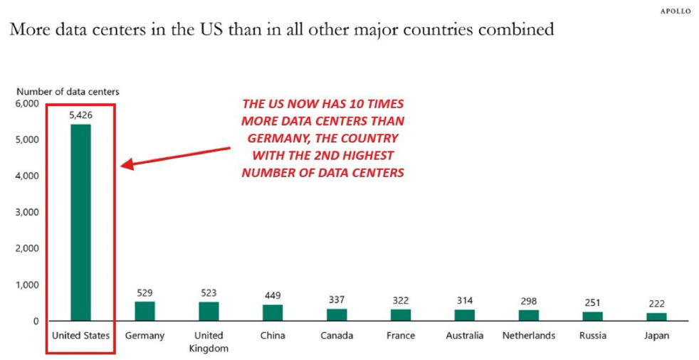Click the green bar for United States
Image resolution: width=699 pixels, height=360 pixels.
[x=80, y=222]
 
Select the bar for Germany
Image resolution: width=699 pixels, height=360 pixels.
[x=144, y=311]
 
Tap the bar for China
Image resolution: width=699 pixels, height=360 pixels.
[x=273, y=312]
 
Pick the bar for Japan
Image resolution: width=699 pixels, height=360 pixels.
[x=656, y=317]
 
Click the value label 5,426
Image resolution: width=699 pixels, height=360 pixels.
[x=80, y=114]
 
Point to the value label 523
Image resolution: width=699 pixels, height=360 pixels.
[x=209, y=292]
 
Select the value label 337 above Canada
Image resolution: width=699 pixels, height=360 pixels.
[x=337, y=300]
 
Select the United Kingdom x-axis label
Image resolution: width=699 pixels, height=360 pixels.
[x=209, y=342]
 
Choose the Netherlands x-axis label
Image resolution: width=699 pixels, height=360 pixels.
[x=528, y=335]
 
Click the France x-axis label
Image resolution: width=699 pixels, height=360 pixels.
[x=401, y=335]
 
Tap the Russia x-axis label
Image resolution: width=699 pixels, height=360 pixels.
[x=592, y=335]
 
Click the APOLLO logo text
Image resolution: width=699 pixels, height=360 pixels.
[x=676, y=11]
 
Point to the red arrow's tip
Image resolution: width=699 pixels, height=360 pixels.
[x=122, y=166]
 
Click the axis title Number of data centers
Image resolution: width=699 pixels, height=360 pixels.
[x=68, y=91]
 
